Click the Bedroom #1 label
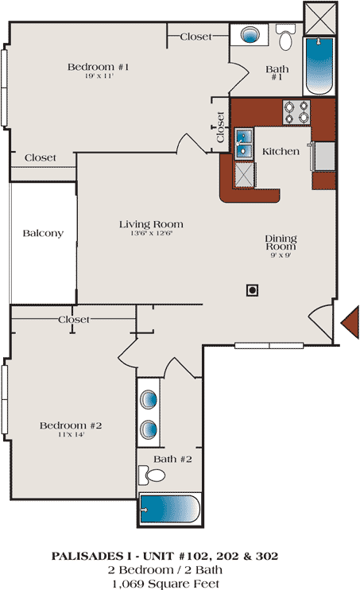click(99, 67)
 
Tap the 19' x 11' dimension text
click(99, 76)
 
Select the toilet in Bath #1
click(285, 37)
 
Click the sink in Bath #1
click(250, 35)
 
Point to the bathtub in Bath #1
click(319, 66)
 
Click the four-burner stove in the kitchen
click(296, 112)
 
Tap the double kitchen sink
click(244, 143)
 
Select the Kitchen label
click(281, 152)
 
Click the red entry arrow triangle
click(350, 323)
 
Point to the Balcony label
click(43, 233)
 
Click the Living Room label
click(151, 224)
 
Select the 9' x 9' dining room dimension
click(281, 255)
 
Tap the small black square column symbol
click(252, 290)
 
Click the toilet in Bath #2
click(152, 475)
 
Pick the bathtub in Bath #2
click(170, 509)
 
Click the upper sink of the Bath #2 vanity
click(149, 399)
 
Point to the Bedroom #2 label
click(71, 425)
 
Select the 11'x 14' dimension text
click(71, 435)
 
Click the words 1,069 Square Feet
click(165, 584)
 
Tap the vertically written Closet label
click(220, 127)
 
